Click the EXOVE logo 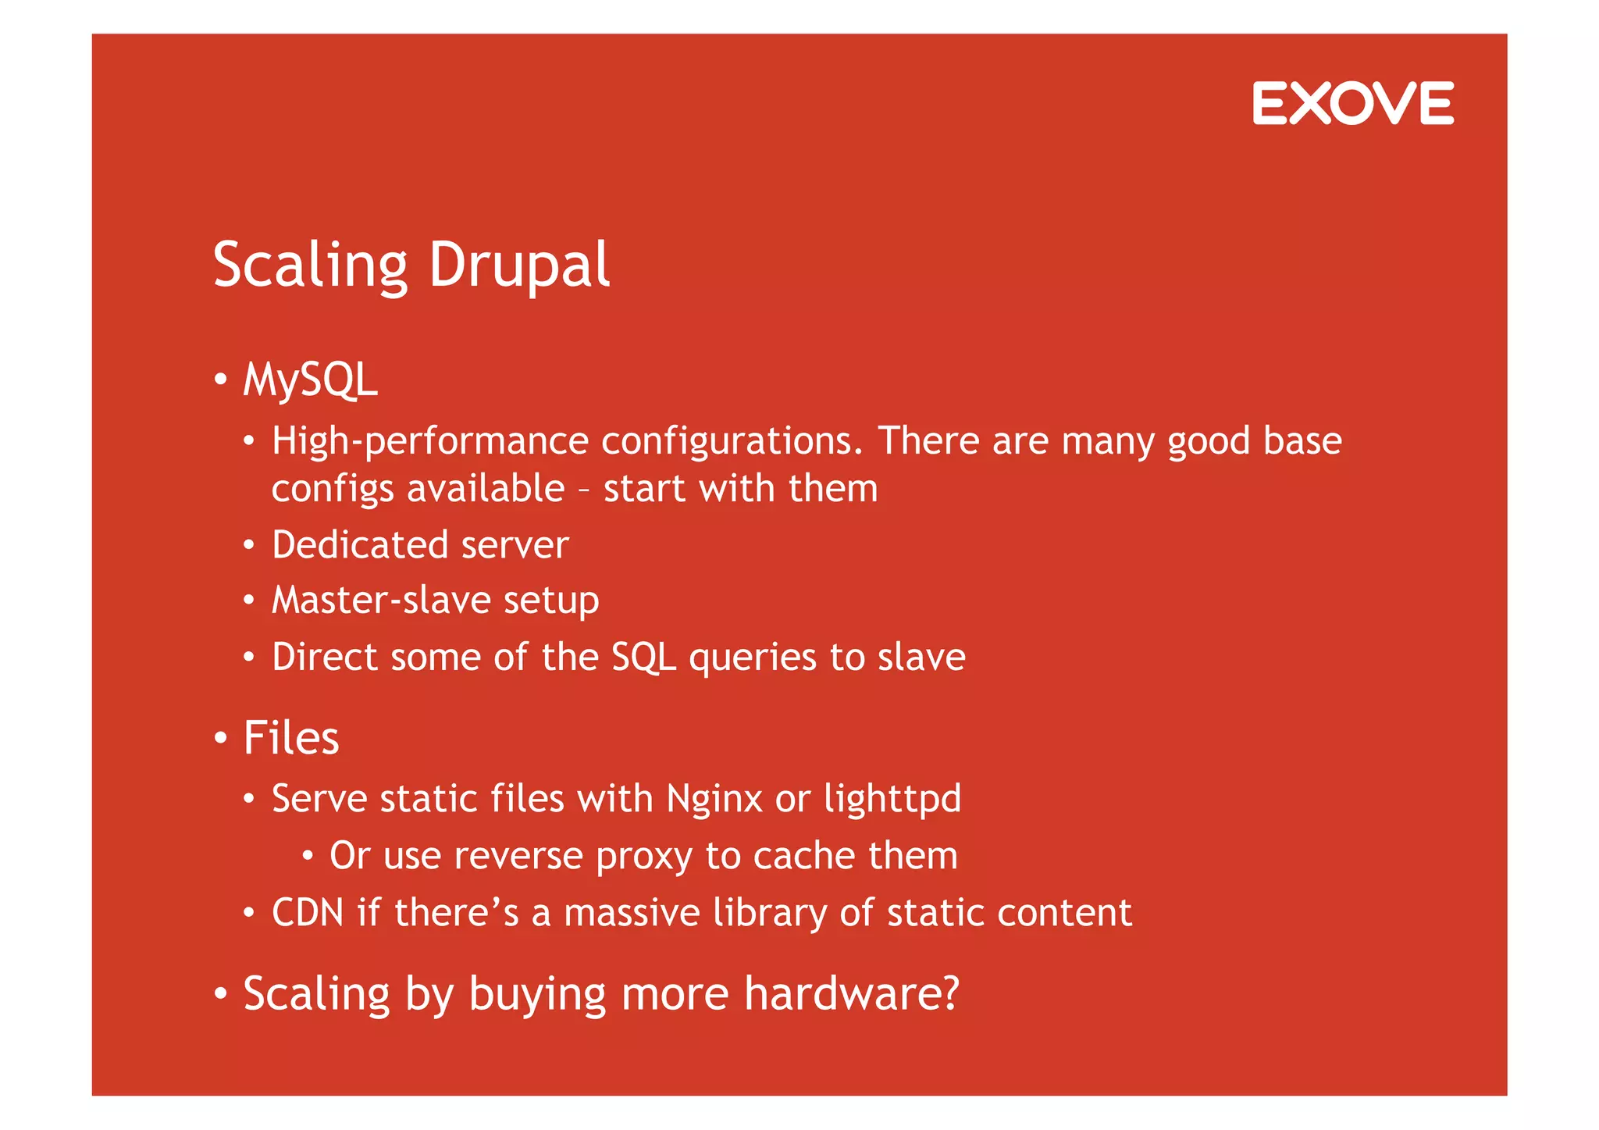(1352, 103)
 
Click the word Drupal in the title (518, 266)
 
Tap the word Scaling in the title (310, 266)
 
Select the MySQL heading (310, 380)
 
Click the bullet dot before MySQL (220, 380)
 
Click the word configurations (732, 441)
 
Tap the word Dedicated (360, 544)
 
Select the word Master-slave (380, 600)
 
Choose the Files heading (290, 738)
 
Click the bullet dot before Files (220, 738)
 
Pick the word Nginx (714, 799)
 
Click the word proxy (643, 857)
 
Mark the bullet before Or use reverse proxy (308, 857)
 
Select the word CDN (308, 913)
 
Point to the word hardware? (851, 994)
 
